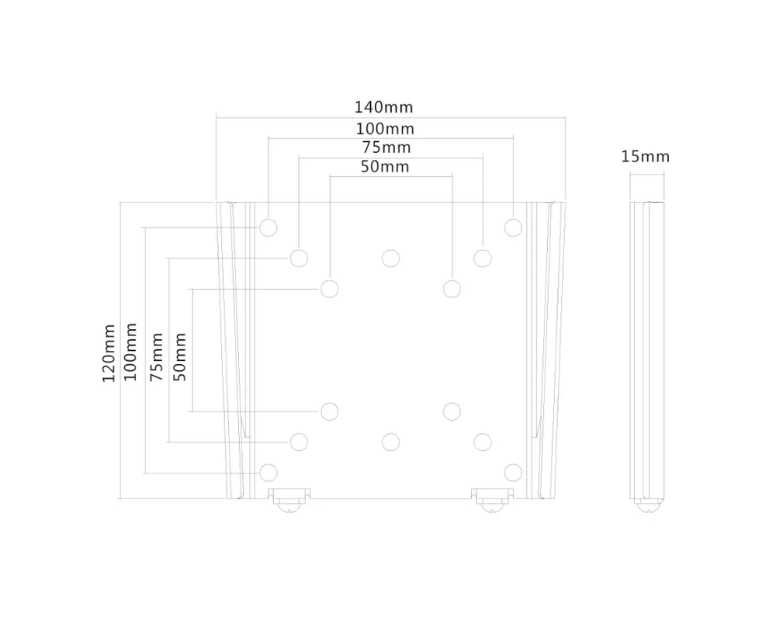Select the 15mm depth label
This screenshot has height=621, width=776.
click(645, 157)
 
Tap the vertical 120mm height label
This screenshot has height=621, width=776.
click(109, 353)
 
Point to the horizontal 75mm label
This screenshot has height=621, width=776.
click(386, 147)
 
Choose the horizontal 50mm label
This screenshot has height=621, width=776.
click(386, 166)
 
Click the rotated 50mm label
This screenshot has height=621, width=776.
click(180, 356)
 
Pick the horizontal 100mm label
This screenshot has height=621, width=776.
click(385, 129)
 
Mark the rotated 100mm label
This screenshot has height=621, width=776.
click(131, 352)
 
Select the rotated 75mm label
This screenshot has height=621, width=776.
click(158, 356)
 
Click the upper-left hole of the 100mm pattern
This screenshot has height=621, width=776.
click(268, 227)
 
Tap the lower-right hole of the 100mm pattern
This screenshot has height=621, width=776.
click(512, 472)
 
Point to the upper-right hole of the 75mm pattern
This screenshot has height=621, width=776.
click(483, 258)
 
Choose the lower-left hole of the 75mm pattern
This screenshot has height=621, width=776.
click(299, 442)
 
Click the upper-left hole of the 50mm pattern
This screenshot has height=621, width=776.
click(329, 289)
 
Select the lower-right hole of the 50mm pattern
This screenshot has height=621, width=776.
click(452, 410)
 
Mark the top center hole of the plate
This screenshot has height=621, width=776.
click(390, 258)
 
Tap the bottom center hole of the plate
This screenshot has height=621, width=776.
click(390, 442)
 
